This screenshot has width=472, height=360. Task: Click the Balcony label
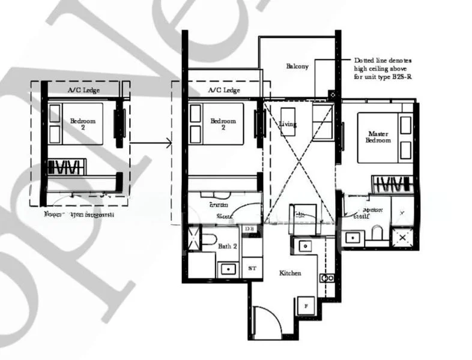[297, 67]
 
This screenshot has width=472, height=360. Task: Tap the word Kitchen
[290, 274]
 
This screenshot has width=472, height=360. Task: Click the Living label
[288, 124]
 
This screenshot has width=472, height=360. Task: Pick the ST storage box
[252, 268]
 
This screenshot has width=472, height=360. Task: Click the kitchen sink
[304, 245]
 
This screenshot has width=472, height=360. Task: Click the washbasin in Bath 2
[228, 268]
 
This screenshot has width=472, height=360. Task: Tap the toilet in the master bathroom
[376, 233]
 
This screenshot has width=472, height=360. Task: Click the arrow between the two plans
[150, 143]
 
